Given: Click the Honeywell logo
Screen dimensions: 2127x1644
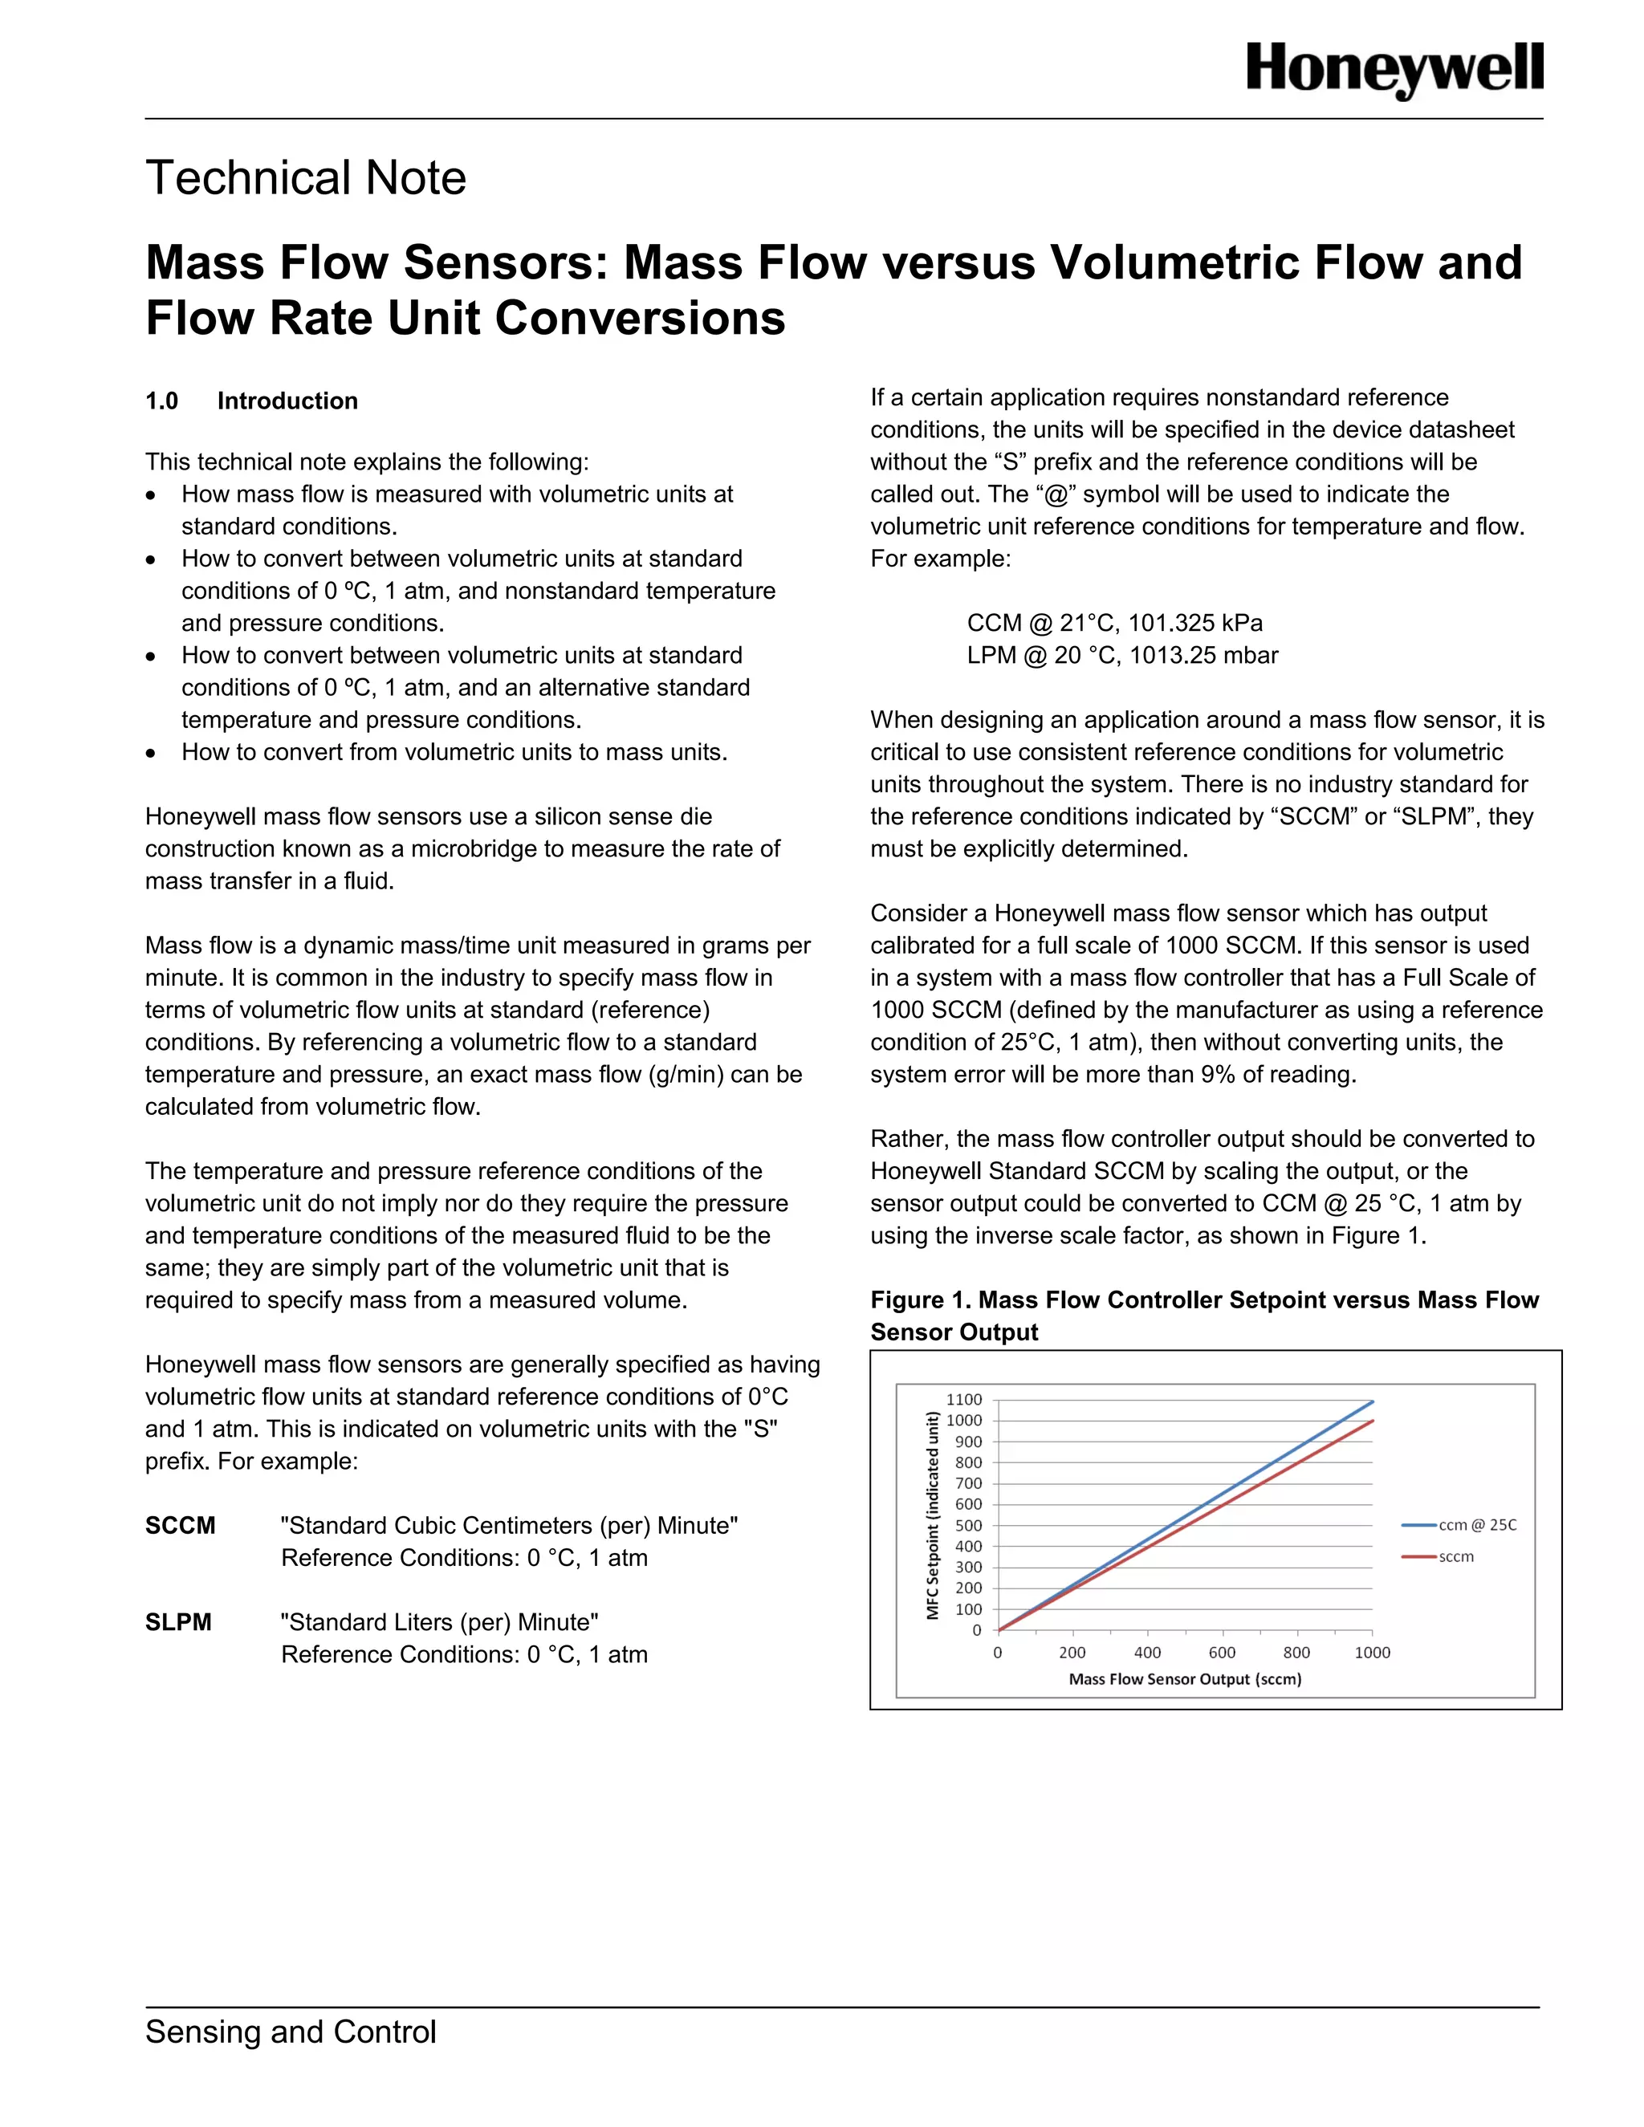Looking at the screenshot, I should (1394, 70).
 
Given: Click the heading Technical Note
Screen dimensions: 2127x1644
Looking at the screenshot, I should (306, 178).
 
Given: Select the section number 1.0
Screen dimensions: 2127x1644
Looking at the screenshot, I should (161, 401).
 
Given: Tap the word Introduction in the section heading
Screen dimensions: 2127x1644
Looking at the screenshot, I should (287, 401).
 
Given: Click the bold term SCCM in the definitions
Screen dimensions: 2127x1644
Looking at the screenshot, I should (180, 1525).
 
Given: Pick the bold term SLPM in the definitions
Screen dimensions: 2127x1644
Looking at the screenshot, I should (178, 1622).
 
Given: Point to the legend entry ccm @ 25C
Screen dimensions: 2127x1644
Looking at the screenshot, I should (1476, 1525).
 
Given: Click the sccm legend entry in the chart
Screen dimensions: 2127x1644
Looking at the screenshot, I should (1456, 1557).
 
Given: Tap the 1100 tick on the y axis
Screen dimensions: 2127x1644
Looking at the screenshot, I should (964, 1401).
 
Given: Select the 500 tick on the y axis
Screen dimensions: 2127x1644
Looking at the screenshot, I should (968, 1526).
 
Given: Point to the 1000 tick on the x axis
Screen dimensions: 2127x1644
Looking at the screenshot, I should (1371, 1653).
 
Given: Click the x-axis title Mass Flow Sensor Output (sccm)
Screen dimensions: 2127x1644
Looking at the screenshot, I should (1184, 1679).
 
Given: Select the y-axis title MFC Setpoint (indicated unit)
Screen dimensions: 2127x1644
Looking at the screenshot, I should (933, 1515).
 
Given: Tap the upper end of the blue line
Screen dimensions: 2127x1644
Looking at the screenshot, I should (1371, 1401).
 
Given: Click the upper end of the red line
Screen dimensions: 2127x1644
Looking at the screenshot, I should (1371, 1422).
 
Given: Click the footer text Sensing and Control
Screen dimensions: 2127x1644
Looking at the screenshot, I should (291, 2032).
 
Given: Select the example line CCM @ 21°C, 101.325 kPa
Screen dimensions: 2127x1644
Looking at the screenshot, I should (1114, 624).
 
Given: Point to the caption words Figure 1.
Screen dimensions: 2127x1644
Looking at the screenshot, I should (919, 1300).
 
